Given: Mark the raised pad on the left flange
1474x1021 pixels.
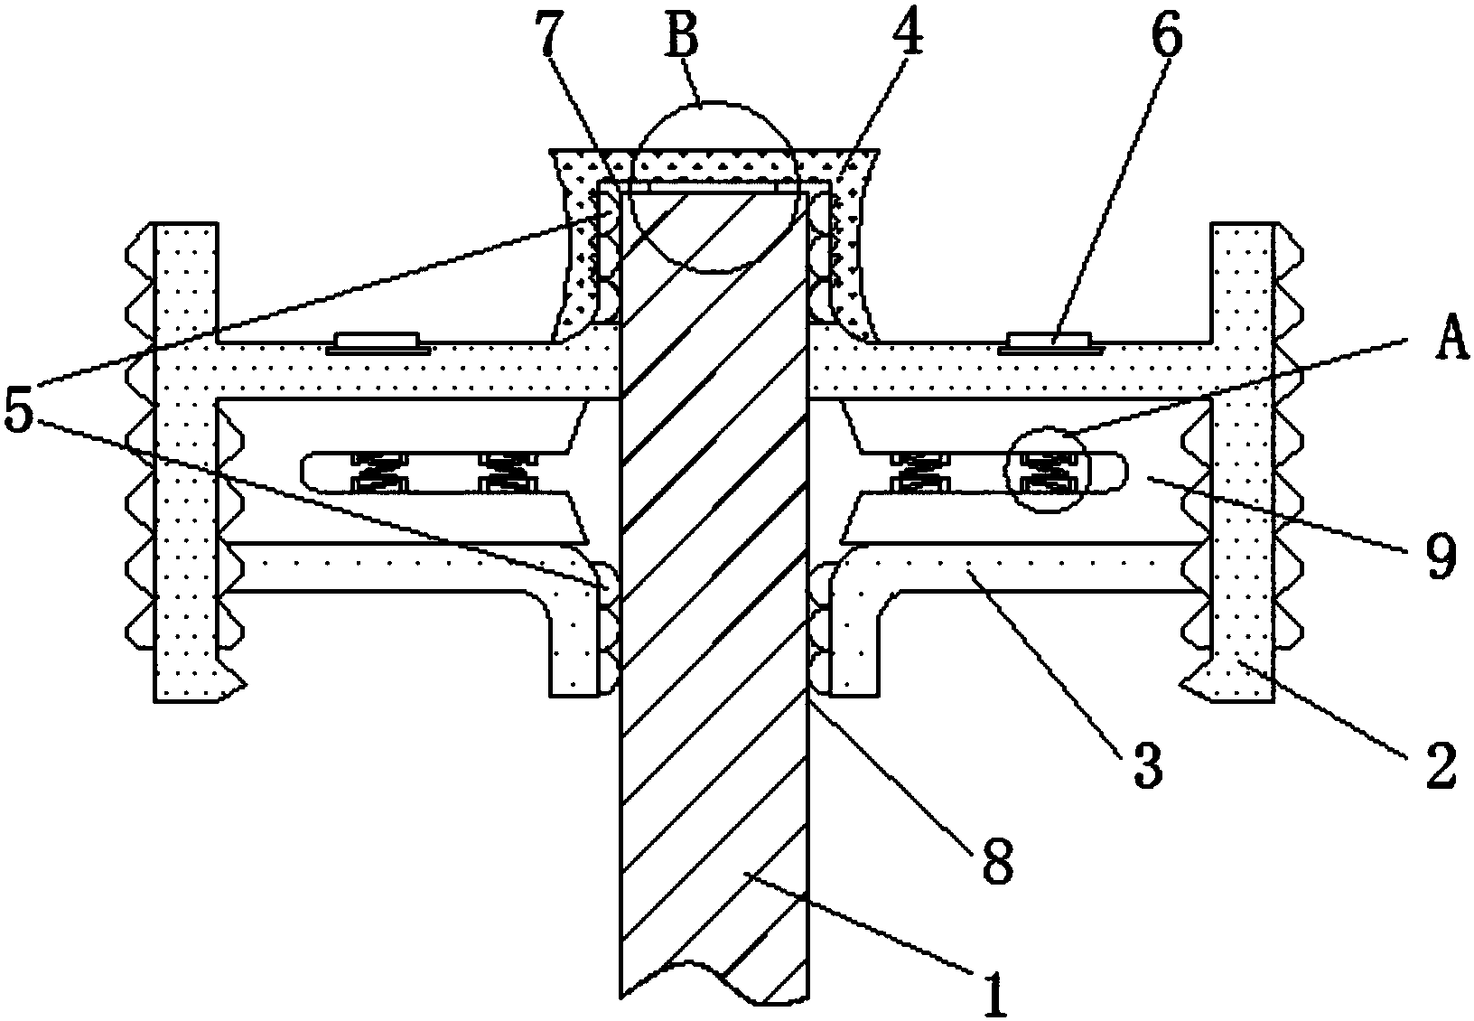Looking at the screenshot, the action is coord(378,341).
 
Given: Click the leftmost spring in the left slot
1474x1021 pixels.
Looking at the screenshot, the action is coord(380,472).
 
